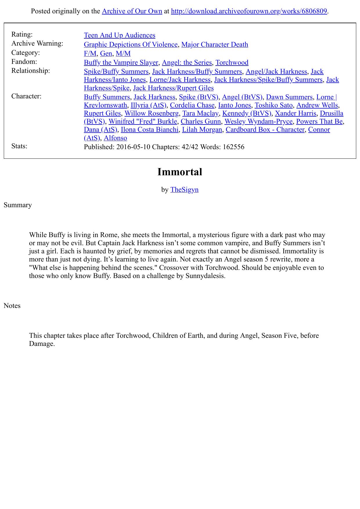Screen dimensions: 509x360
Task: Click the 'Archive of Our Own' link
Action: [132, 11]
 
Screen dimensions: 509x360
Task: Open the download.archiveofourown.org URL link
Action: [249, 11]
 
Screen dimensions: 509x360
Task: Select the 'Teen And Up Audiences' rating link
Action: [119, 35]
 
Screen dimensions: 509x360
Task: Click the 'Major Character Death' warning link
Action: [215, 44]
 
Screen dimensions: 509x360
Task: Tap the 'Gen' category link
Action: [106, 53]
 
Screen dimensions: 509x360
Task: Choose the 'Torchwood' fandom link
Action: [232, 62]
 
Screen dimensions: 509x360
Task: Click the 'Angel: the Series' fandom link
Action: [187, 62]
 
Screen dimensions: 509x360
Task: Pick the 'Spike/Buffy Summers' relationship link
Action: [116, 71]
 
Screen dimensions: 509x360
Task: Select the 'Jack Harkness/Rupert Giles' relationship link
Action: [173, 88]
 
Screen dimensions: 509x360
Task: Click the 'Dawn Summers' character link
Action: [289, 97]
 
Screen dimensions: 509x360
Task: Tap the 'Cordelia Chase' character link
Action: [192, 105]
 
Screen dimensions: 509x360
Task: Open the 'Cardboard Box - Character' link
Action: [265, 129]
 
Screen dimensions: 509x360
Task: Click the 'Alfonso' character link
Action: [115, 138]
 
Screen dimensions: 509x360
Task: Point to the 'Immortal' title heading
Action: [180, 172]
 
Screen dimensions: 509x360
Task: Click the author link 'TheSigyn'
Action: [184, 189]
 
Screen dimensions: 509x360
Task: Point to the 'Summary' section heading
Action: [18, 205]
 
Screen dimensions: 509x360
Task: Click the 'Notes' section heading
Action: [12, 306]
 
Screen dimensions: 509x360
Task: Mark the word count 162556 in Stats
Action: [233, 147]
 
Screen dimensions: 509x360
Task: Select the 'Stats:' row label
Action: [19, 146]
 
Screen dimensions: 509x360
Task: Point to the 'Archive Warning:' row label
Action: [37, 43]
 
